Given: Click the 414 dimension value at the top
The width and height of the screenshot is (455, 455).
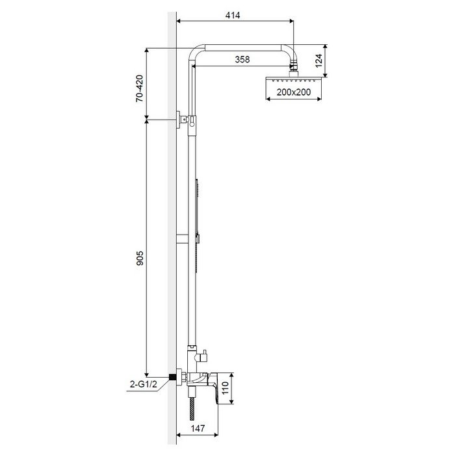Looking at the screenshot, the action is coord(233,16).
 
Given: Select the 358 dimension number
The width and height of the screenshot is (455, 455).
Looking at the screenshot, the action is coord(242,60).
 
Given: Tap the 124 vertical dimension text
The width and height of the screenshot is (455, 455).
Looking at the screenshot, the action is coord(318,60).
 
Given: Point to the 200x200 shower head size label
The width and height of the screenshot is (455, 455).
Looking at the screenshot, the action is coord(294,92).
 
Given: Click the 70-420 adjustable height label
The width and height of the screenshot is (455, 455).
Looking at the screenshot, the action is coord(140,88).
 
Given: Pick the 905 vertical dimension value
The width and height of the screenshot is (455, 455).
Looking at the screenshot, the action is coord(140,258).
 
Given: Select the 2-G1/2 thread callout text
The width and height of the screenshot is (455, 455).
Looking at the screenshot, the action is coord(144,385).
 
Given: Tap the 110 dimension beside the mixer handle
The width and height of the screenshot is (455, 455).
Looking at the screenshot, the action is coord(225,388).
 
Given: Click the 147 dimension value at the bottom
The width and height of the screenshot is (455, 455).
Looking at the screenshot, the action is coord(198,428).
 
